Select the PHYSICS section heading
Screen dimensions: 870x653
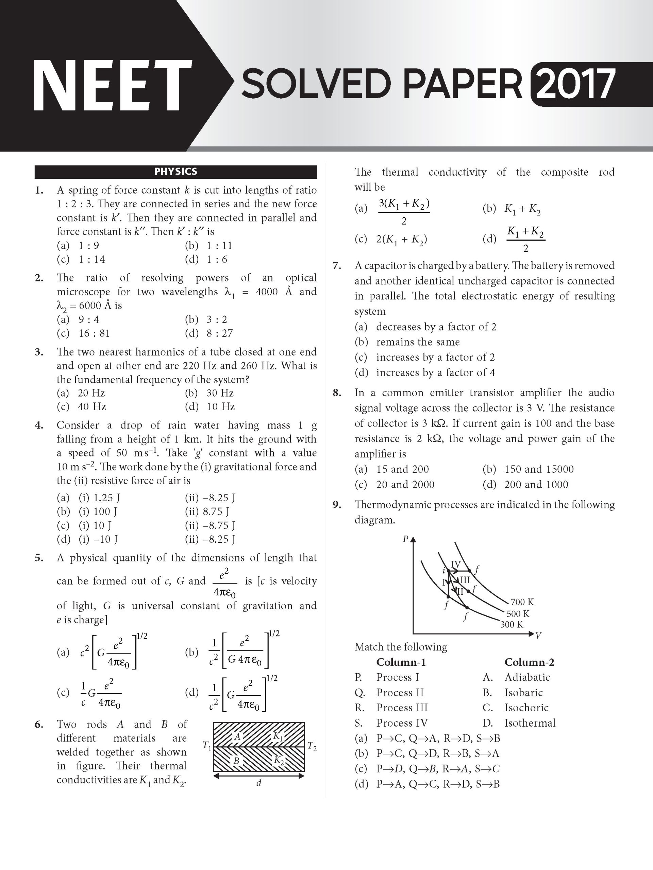175,172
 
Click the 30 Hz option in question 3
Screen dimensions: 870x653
220,393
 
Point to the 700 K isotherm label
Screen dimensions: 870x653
522,602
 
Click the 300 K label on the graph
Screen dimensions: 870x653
512,624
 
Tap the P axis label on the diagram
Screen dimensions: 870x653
405,539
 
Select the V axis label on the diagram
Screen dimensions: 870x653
538,635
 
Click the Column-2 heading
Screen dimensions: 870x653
530,662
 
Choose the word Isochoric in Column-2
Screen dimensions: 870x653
526,708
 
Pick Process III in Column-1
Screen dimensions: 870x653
401,708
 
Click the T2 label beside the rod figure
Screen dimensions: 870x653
312,746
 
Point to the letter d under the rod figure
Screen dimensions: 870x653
258,783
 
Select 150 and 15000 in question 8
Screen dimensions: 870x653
539,469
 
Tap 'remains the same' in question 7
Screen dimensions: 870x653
418,342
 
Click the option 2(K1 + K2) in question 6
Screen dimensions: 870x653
401,239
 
